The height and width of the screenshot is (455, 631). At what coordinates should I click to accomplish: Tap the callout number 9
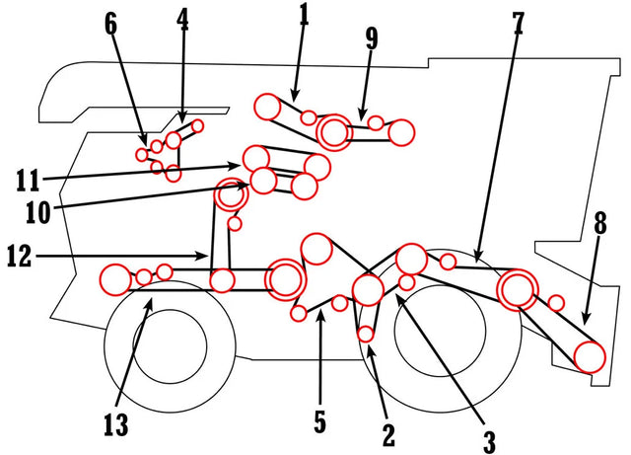coord(371,38)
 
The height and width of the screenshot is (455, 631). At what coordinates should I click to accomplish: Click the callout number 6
coord(110,24)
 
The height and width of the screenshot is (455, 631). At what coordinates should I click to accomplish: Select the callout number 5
coord(319,421)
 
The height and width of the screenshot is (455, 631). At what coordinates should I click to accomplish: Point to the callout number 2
coord(387,432)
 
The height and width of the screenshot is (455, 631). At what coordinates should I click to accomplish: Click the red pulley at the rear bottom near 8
coord(589,356)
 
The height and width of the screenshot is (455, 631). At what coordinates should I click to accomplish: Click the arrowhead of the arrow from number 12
coord(208,259)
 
